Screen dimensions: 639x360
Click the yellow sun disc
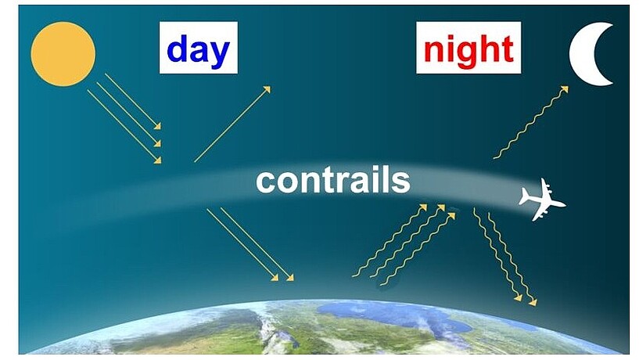tap(63, 54)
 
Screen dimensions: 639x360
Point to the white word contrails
tap(333, 181)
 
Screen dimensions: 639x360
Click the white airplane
tap(542, 200)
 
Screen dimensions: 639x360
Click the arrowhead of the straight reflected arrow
tap(267, 89)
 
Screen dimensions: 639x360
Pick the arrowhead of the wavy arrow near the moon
tap(565, 89)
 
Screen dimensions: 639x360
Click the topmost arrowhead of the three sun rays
tap(157, 126)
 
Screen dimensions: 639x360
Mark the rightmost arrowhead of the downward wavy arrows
tap(533, 302)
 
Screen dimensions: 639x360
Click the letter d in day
tap(178, 49)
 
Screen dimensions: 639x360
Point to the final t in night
tap(508, 50)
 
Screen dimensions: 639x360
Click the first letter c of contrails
tap(265, 183)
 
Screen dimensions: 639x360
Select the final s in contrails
tap(401, 183)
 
